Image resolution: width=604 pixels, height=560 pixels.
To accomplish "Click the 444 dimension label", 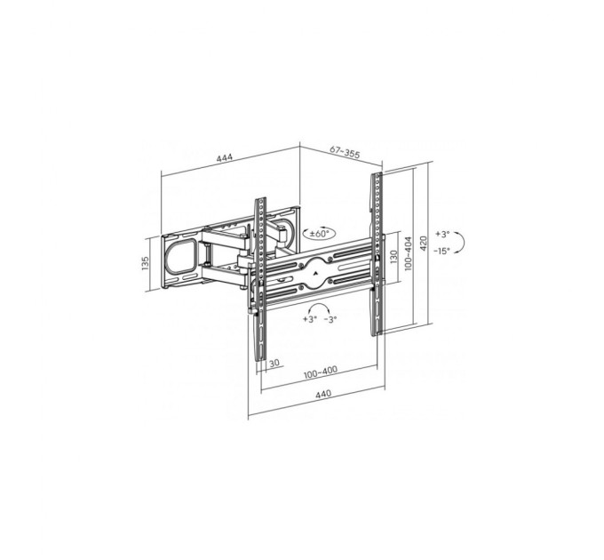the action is (x=225, y=158).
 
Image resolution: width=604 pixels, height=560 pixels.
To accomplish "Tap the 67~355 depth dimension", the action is (x=345, y=152).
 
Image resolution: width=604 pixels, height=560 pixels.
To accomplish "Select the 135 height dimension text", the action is (x=145, y=263).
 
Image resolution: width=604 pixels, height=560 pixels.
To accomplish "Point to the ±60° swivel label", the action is (x=320, y=234).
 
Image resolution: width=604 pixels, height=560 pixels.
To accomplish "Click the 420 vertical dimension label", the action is (x=423, y=243).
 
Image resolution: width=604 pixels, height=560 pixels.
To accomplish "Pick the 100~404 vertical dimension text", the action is (x=409, y=253).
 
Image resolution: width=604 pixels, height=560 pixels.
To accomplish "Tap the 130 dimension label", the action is (x=393, y=257).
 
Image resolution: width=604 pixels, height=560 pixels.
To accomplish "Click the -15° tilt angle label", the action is (x=441, y=251).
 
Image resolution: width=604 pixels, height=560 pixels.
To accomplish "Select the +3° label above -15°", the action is (x=442, y=234).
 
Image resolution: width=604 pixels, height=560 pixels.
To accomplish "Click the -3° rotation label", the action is (x=330, y=319).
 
